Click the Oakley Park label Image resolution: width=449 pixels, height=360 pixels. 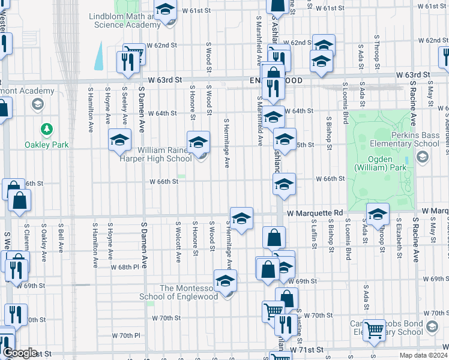tap(47, 145)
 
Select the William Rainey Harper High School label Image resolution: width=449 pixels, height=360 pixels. tap(165, 154)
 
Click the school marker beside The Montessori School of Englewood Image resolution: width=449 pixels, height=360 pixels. tap(225, 280)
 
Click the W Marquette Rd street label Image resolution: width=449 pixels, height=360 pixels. tap(315, 213)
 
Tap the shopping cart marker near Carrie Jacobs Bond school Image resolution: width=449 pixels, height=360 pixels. tap(375, 329)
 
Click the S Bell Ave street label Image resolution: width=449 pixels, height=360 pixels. tap(61, 239)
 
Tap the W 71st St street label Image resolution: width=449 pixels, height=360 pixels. tap(307, 349)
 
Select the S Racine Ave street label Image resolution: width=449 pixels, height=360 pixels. tap(415, 240)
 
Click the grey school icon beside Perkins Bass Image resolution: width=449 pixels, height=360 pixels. tap(422, 157)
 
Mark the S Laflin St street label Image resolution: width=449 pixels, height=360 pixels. tap(313, 238)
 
